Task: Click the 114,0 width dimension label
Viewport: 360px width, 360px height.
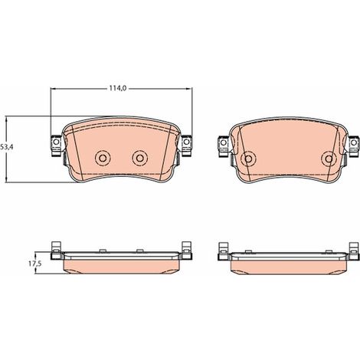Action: click(118, 88)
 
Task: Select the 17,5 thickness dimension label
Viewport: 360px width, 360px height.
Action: click(35, 264)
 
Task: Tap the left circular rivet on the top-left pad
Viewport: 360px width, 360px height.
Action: click(103, 158)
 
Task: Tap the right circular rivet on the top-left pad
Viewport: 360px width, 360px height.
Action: click(139, 158)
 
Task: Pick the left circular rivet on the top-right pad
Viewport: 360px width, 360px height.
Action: click(248, 159)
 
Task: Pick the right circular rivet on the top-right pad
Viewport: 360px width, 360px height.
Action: click(329, 159)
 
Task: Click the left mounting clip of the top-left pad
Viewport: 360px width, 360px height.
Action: click(57, 146)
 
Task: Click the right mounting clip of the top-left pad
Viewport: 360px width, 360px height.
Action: click(186, 146)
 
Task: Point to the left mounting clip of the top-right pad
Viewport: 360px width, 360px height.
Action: click(224, 146)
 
